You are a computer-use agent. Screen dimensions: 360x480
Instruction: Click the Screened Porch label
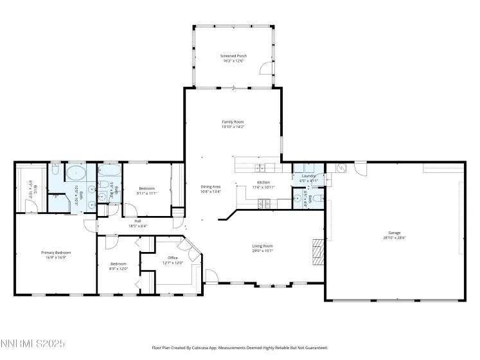(x=233, y=56)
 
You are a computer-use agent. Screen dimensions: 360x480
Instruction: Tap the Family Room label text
(x=233, y=122)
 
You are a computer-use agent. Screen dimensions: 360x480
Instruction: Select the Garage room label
(x=394, y=233)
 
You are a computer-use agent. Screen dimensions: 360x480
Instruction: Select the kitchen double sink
(x=261, y=168)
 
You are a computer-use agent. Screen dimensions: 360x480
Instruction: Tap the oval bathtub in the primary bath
(x=76, y=173)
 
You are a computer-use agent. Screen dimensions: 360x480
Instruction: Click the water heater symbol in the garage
(x=341, y=168)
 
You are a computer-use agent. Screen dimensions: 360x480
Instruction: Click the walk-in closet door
(x=30, y=206)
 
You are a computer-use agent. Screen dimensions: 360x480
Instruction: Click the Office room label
(x=173, y=258)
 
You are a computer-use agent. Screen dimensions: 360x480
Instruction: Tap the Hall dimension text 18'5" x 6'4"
(x=138, y=226)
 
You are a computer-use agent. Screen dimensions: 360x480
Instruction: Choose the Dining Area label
(x=211, y=186)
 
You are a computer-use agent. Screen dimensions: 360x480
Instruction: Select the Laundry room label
(x=308, y=175)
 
